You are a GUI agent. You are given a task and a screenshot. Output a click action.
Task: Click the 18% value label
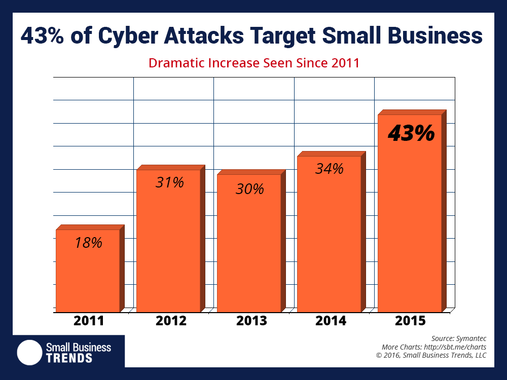[x=89, y=243]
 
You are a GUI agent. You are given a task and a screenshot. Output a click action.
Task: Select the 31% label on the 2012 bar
[x=169, y=182]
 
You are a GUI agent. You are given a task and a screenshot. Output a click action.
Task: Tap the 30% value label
[x=250, y=189]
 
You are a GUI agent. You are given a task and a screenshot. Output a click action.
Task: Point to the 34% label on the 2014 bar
[x=330, y=169]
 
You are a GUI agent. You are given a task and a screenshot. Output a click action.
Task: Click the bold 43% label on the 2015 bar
[x=411, y=133]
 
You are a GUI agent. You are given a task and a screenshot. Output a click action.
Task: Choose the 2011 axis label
[x=89, y=321]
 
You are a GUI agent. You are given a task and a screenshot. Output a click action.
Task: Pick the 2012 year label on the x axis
[x=171, y=321]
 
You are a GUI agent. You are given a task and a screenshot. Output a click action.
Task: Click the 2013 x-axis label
[x=251, y=321]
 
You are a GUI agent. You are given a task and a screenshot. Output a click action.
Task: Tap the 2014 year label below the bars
[x=331, y=321]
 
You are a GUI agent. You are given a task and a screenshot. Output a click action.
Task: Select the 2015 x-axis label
[x=411, y=321]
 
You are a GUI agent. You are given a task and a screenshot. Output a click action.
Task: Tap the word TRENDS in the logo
[x=69, y=358]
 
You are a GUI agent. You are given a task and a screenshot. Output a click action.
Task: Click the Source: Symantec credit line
[x=459, y=338]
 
